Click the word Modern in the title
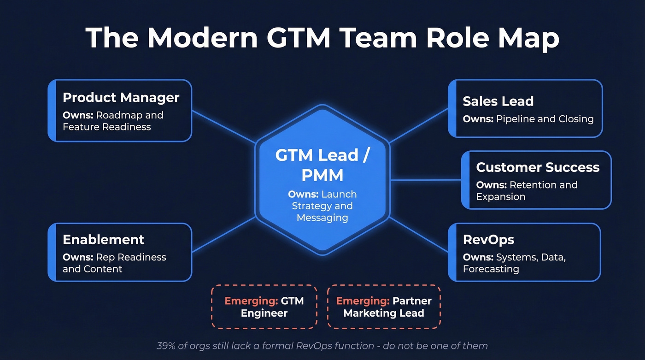tap(203, 38)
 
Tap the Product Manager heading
tap(121, 98)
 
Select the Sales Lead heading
tap(498, 101)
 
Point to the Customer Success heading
tap(538, 167)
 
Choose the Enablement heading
tap(103, 240)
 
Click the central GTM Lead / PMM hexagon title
tap(322, 165)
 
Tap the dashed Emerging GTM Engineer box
tap(264, 307)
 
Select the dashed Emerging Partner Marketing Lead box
tap(384, 307)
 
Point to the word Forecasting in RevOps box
tap(491, 269)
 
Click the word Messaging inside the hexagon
tap(322, 218)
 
